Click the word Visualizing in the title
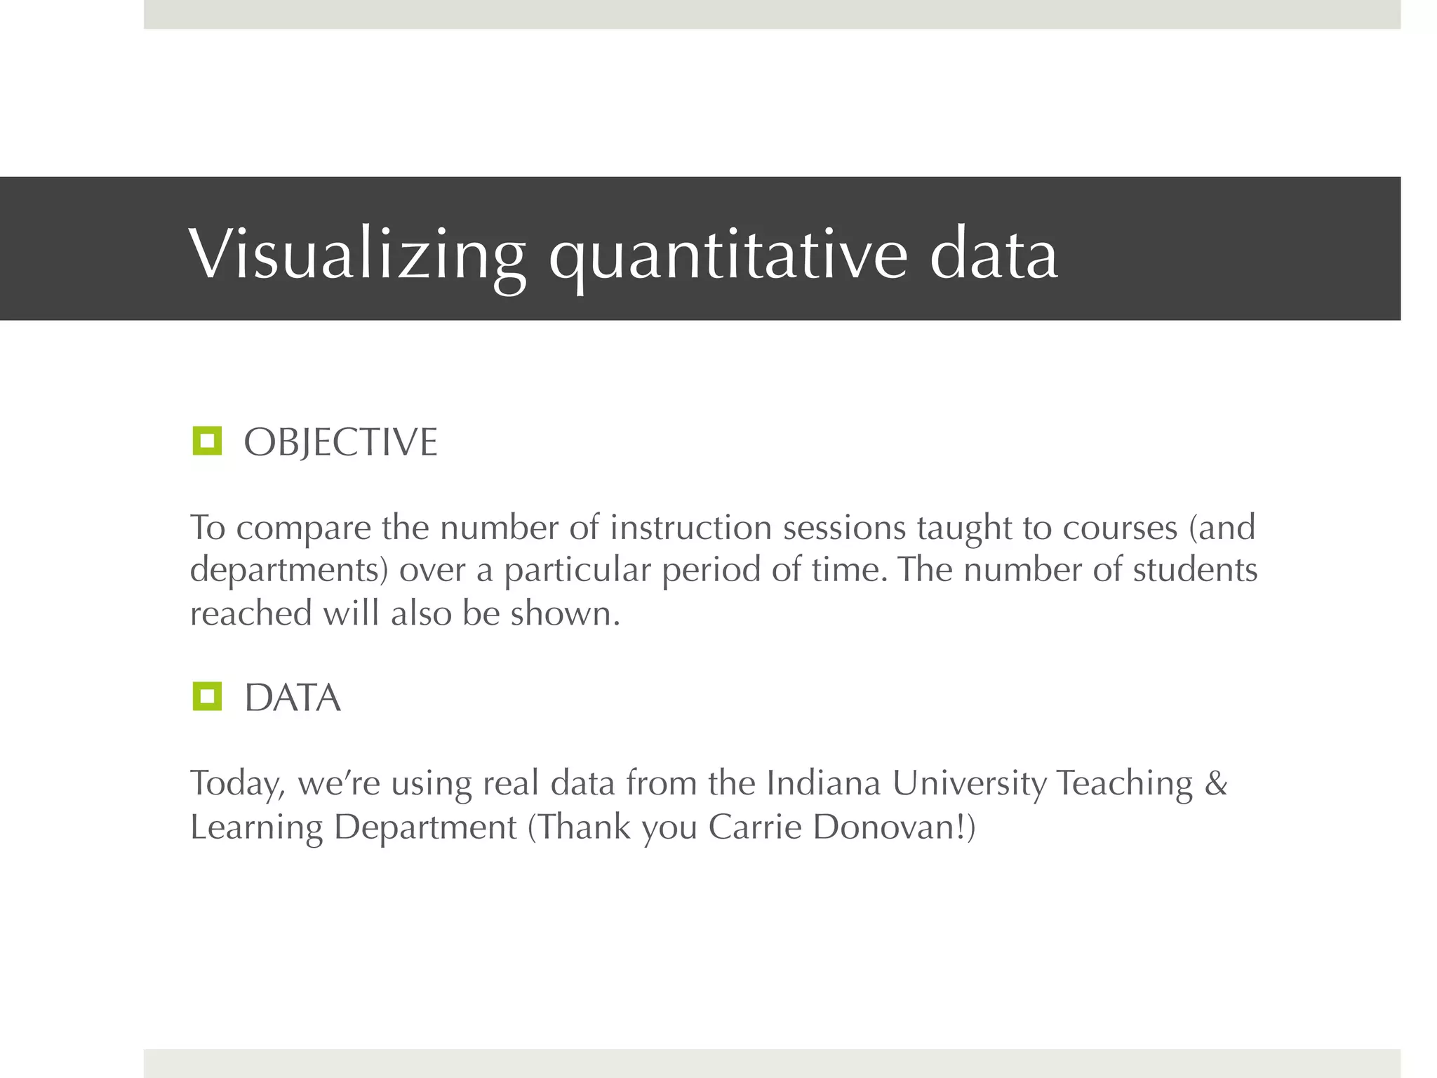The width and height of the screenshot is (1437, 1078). pyautogui.click(x=357, y=254)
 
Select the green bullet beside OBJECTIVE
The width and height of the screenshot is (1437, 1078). pyautogui.click(x=207, y=441)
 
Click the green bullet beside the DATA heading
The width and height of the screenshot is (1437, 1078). pyautogui.click(x=207, y=696)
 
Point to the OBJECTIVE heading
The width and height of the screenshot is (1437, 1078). pyautogui.click(x=340, y=443)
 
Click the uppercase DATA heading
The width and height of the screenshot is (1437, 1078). pyautogui.click(x=293, y=698)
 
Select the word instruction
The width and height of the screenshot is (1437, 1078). pyautogui.click(x=690, y=527)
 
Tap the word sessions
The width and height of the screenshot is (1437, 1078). pyautogui.click(x=844, y=527)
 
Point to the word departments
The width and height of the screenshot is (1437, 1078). pyautogui.click(x=288, y=570)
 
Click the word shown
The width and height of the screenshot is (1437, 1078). pyautogui.click(x=565, y=613)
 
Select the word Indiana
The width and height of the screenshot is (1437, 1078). pyautogui.click(x=822, y=783)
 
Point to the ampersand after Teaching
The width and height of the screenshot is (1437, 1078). pyautogui.click(x=1216, y=783)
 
